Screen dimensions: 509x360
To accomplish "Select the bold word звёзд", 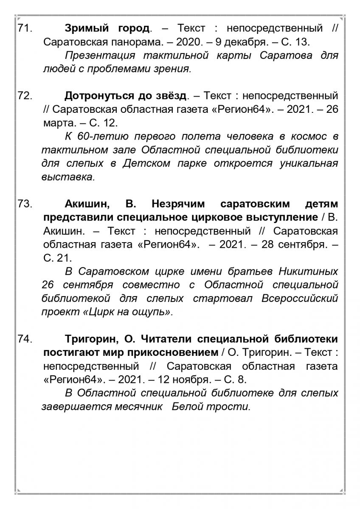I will tap(169, 96).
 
